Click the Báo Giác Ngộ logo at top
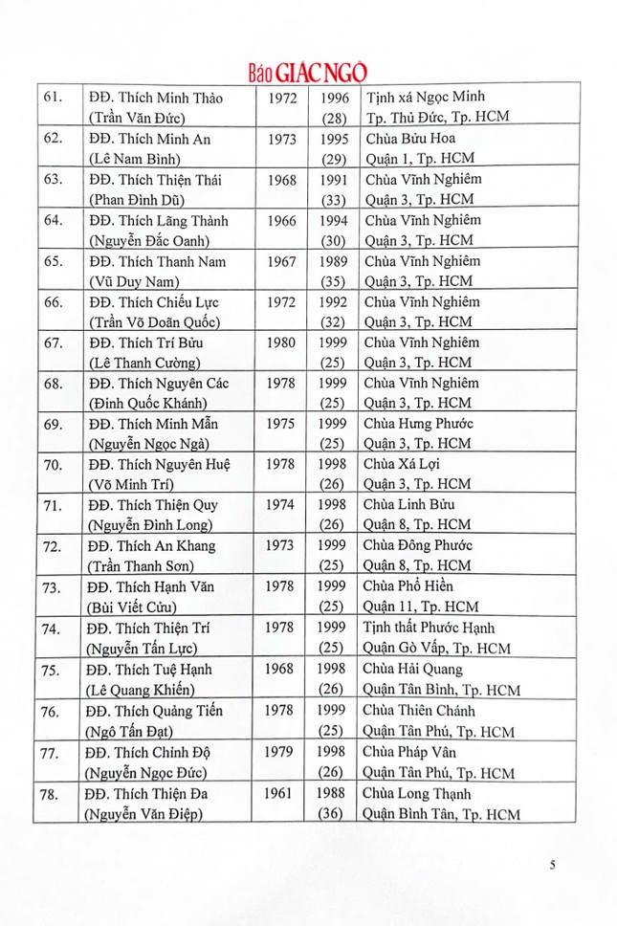(x=308, y=72)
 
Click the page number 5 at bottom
(x=553, y=865)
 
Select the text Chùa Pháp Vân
(x=414, y=752)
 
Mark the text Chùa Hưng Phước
(x=419, y=424)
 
